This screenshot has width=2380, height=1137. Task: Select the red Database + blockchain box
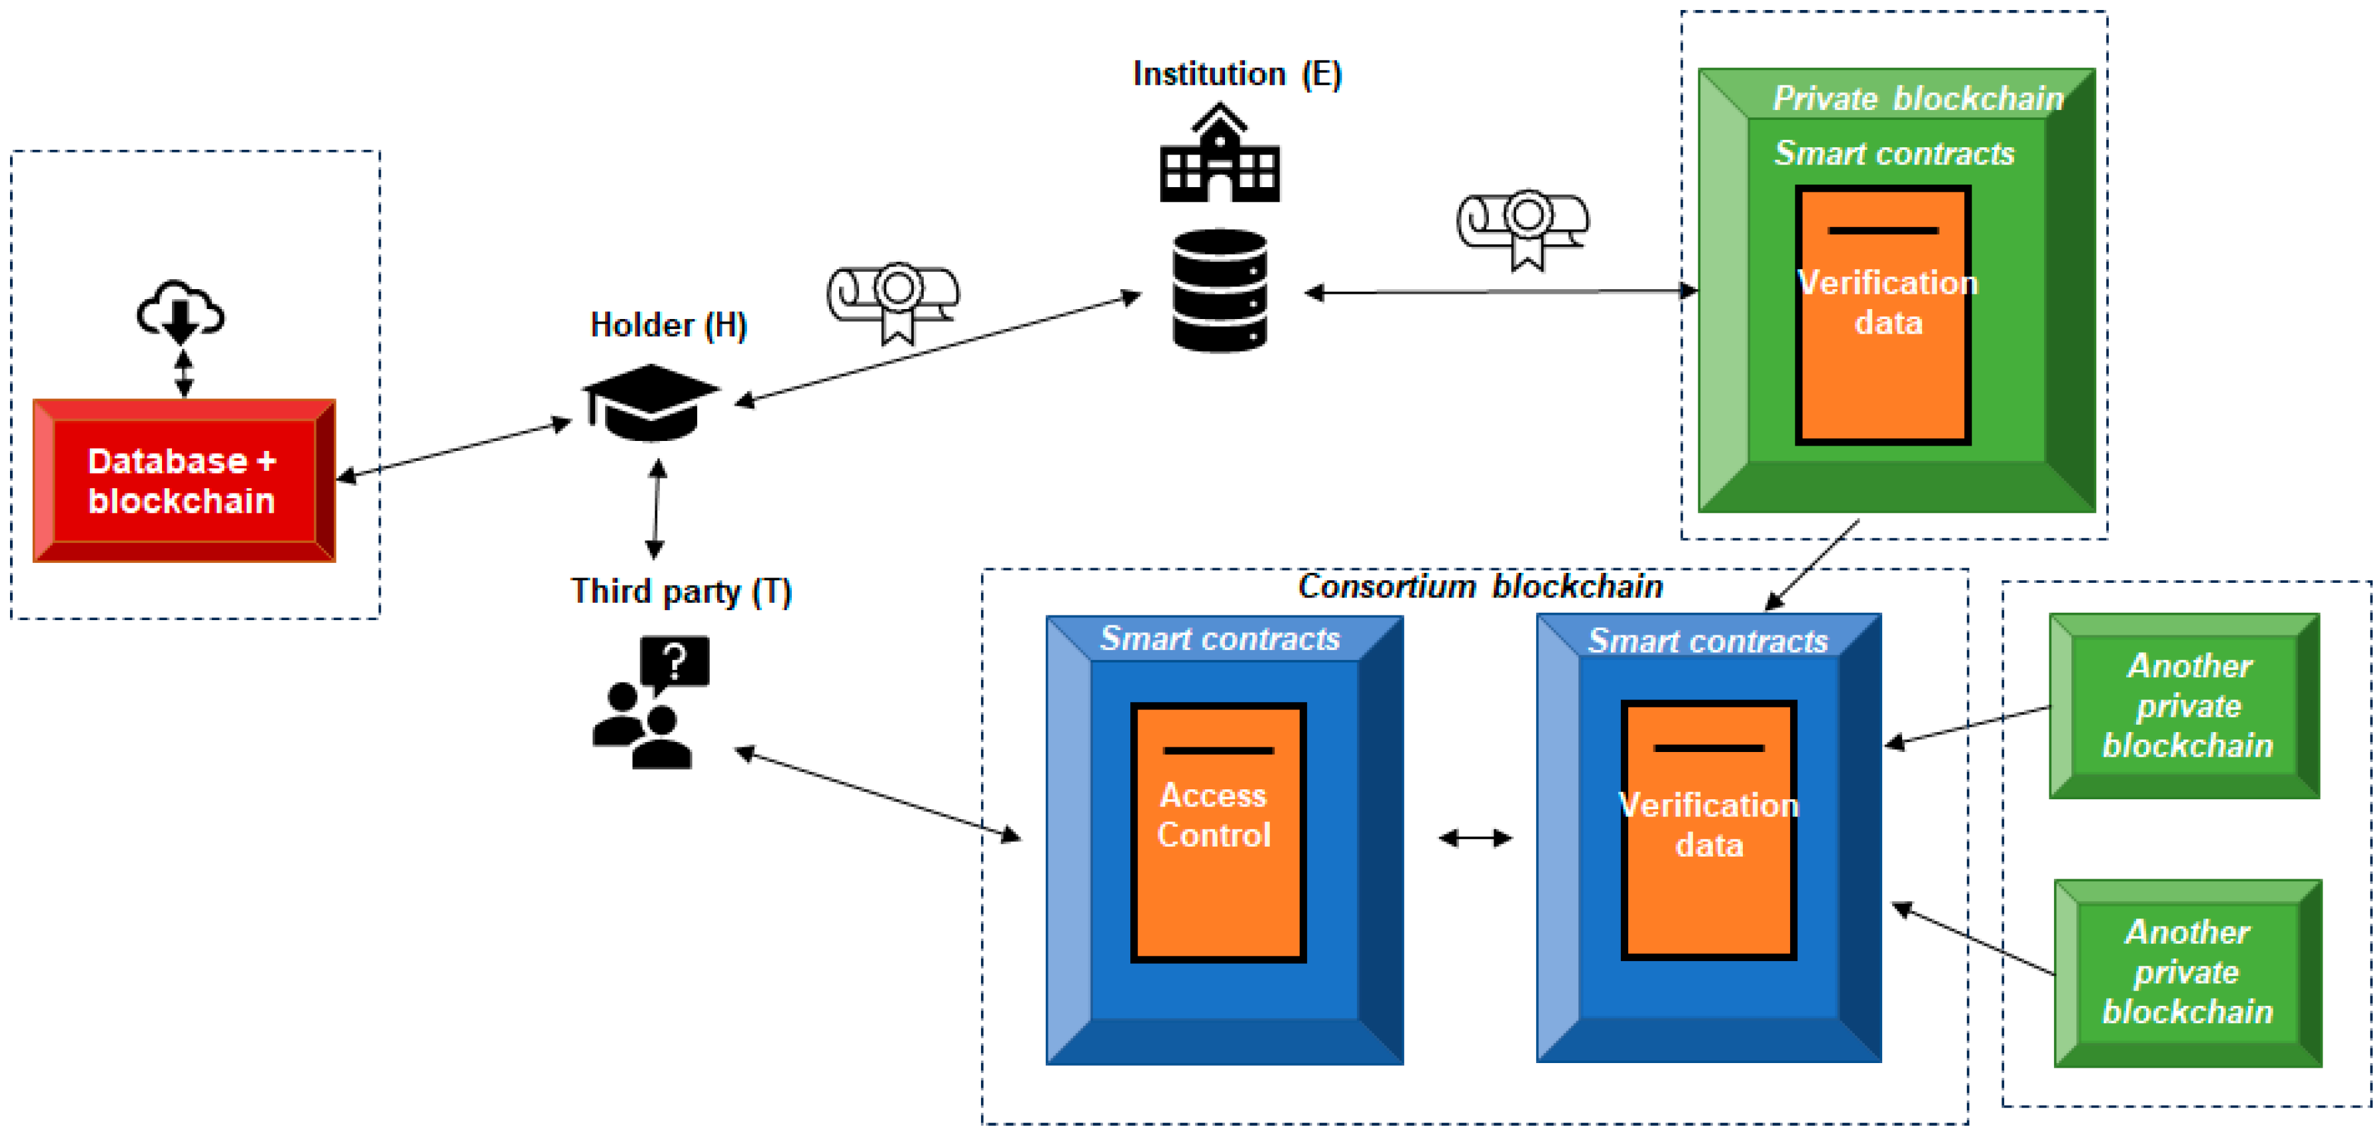point(184,480)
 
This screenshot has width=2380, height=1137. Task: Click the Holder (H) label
point(668,325)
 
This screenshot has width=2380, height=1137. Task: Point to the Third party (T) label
point(681,591)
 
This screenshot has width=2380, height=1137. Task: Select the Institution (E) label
point(1237,74)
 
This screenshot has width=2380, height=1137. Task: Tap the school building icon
point(1220,153)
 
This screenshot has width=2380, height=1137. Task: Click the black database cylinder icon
point(1220,291)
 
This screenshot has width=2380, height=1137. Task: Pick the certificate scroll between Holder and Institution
point(894,301)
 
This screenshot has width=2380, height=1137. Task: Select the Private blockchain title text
point(1918,98)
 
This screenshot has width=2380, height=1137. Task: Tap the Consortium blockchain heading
point(1480,587)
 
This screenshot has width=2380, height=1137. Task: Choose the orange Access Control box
point(1218,832)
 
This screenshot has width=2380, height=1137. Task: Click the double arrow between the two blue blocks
point(1476,838)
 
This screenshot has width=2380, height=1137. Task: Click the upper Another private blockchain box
point(2184,705)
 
